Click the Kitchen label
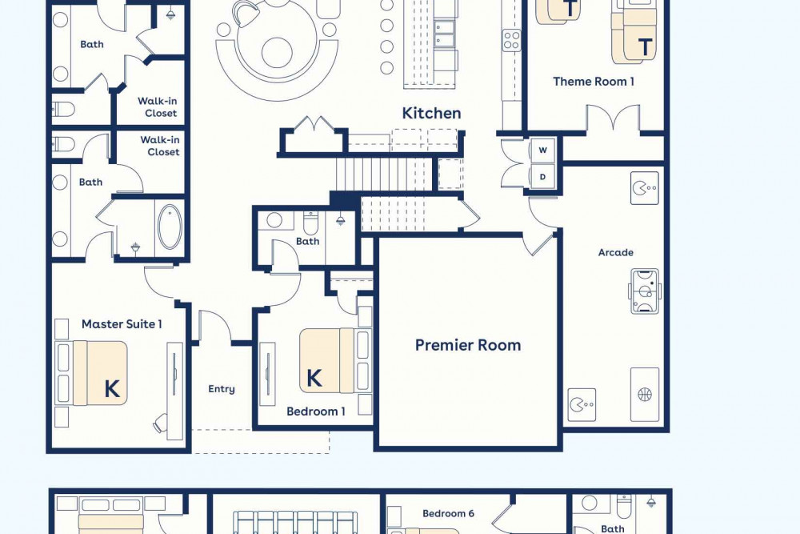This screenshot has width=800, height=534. point(432,113)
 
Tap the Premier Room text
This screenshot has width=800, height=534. point(468,345)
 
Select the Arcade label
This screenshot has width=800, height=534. point(616,252)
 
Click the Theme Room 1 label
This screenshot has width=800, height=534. point(594,81)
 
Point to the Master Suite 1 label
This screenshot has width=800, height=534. point(122,324)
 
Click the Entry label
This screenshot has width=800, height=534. point(222,389)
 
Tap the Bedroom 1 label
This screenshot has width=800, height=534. point(316,412)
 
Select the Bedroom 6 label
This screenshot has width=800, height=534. point(449,513)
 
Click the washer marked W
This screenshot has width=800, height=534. point(542,150)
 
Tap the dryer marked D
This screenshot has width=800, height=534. point(542,177)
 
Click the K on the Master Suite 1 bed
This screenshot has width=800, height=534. point(112,389)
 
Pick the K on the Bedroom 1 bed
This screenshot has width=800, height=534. point(314,379)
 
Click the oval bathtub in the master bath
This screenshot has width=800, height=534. point(170,227)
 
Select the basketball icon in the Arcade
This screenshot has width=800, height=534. point(645,394)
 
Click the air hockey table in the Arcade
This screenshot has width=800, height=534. point(645,291)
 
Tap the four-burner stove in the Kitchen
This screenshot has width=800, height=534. point(512,41)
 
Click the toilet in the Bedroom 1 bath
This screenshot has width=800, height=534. point(310,223)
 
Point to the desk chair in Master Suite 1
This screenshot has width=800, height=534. point(162,424)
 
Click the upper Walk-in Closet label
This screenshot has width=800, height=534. point(158,107)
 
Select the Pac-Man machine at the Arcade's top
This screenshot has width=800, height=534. point(644,188)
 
